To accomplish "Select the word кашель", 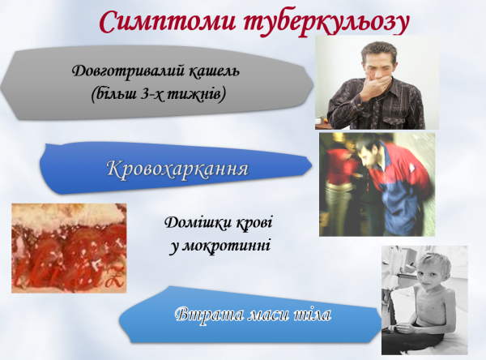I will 214,71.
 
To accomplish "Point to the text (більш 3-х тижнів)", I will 158,95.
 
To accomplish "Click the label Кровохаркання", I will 176,169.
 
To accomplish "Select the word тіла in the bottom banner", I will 312,314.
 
